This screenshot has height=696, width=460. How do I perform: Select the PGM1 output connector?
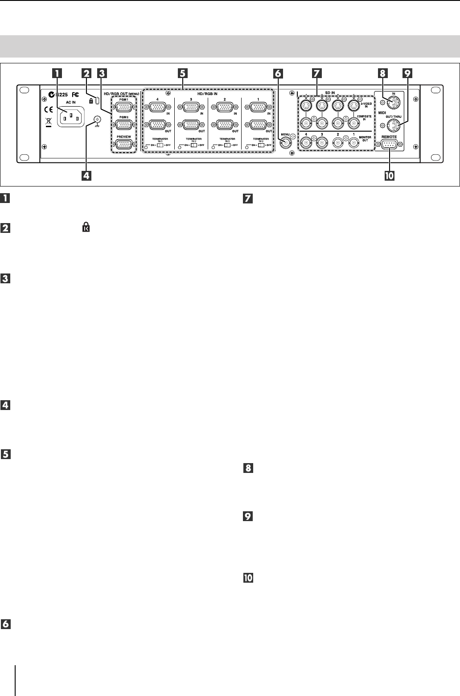(x=124, y=107)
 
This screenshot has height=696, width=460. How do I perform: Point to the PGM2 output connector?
(x=124, y=125)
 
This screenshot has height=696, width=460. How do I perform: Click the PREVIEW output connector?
(x=124, y=144)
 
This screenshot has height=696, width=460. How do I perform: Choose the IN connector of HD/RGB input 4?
(x=157, y=107)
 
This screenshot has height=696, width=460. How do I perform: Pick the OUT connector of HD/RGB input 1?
(x=259, y=125)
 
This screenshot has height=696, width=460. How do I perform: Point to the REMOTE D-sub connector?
(x=390, y=145)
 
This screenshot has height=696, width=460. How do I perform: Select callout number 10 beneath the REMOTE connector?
(x=389, y=176)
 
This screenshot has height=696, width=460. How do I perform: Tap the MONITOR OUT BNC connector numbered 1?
(x=354, y=143)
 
